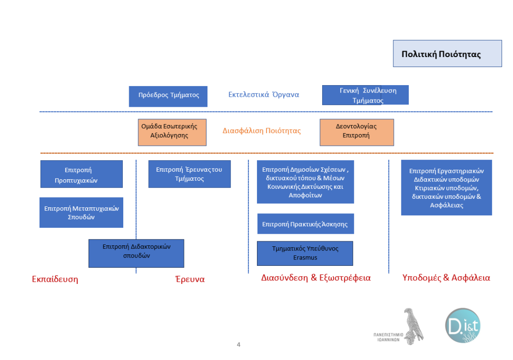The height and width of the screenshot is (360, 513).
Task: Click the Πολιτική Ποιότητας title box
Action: (447, 54)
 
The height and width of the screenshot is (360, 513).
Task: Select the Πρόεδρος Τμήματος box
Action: (168, 96)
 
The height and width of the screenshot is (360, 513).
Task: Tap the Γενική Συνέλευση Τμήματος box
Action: (365, 95)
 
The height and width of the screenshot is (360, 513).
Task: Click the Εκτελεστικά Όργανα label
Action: (264, 94)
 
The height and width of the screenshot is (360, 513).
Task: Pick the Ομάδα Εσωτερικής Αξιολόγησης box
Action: (172, 132)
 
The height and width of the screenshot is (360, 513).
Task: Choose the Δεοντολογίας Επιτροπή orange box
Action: (357, 132)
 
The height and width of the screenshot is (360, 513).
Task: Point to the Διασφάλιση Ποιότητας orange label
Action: (262, 131)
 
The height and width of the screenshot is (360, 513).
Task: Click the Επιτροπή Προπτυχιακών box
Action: (82, 174)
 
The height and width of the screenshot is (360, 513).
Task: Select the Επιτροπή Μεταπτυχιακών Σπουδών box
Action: (81, 212)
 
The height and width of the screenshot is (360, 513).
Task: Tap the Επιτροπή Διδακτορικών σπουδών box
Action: (136, 253)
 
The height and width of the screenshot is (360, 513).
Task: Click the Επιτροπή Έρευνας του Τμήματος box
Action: (189, 174)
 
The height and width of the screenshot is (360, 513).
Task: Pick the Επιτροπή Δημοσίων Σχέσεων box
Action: (305, 182)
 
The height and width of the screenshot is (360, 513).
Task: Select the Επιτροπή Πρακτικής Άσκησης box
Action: (305, 224)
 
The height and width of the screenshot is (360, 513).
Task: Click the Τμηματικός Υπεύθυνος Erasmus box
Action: (305, 253)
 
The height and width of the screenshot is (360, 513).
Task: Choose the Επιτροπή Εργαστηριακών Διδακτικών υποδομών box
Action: (446, 187)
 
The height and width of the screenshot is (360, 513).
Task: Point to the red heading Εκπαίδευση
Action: (55, 279)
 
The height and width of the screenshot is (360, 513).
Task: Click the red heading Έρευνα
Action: (190, 279)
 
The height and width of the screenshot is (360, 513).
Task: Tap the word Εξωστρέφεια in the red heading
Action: (345, 278)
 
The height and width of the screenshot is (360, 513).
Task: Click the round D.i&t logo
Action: (462, 325)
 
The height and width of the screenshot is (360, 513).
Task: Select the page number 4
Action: (239, 345)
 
